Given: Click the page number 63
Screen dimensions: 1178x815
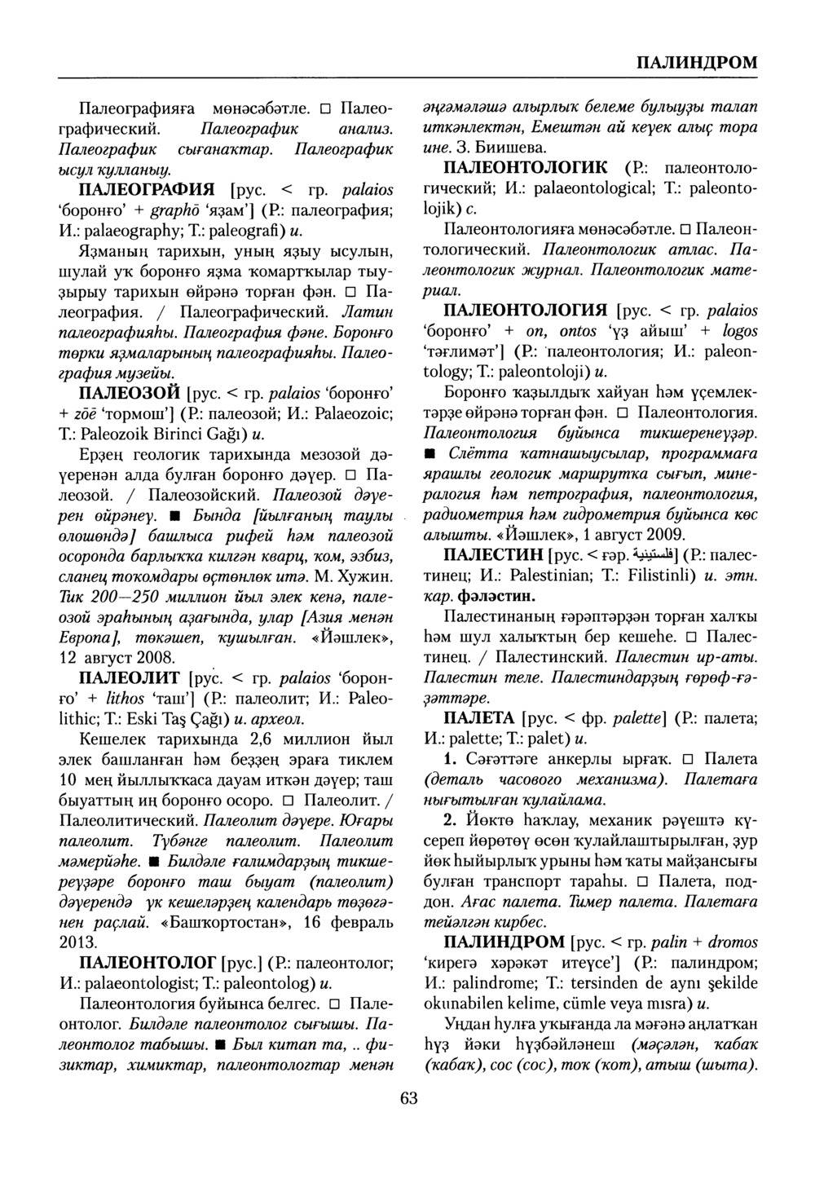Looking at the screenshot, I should point(408,1098).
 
